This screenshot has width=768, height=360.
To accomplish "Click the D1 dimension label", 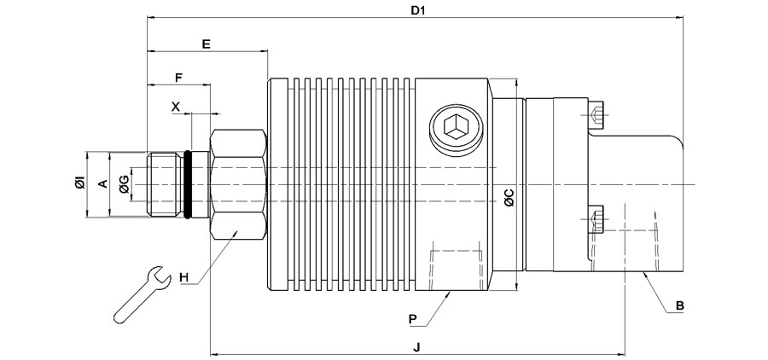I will (417, 10).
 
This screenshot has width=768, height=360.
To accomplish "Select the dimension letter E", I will (206, 43).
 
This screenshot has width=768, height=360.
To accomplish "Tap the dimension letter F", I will (178, 78).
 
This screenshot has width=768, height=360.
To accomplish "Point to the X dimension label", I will (176, 107).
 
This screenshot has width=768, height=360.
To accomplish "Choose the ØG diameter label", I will (125, 183).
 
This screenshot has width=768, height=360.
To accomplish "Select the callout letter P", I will (412, 317).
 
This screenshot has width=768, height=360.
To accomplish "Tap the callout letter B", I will (680, 305).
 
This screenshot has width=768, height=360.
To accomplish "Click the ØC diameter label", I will (509, 198).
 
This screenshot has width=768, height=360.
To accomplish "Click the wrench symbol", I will (139, 294).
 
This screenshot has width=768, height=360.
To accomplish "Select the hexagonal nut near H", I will (238, 183).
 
